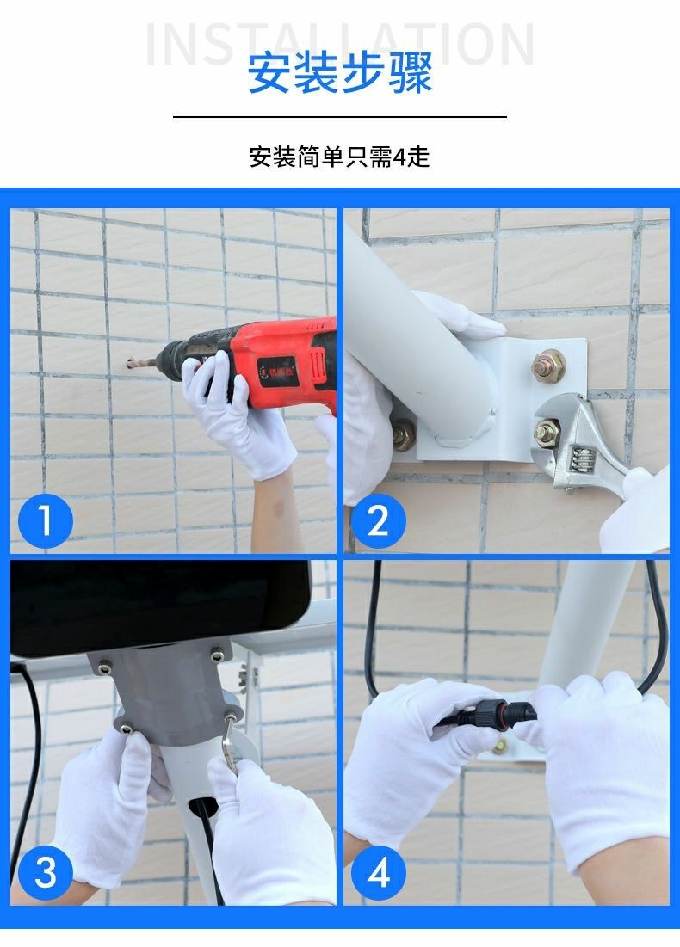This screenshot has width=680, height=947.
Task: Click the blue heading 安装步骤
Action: (340, 73)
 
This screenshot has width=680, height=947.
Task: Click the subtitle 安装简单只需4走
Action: (340, 157)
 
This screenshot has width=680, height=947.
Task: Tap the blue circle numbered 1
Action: (46, 520)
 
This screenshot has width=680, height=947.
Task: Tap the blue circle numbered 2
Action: (378, 520)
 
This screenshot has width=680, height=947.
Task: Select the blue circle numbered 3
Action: (46, 872)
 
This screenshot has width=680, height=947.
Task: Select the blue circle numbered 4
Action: (378, 872)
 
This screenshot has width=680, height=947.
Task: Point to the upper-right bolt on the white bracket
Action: (549, 366)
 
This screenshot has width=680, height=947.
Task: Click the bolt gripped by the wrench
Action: (547, 433)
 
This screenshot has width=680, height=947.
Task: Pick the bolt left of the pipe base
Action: (404, 434)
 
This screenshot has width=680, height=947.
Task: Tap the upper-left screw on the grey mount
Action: (105, 668)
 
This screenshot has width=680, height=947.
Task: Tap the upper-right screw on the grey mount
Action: (217, 655)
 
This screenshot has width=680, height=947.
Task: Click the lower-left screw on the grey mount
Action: (127, 729)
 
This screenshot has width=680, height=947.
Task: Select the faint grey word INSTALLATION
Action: (340, 44)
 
